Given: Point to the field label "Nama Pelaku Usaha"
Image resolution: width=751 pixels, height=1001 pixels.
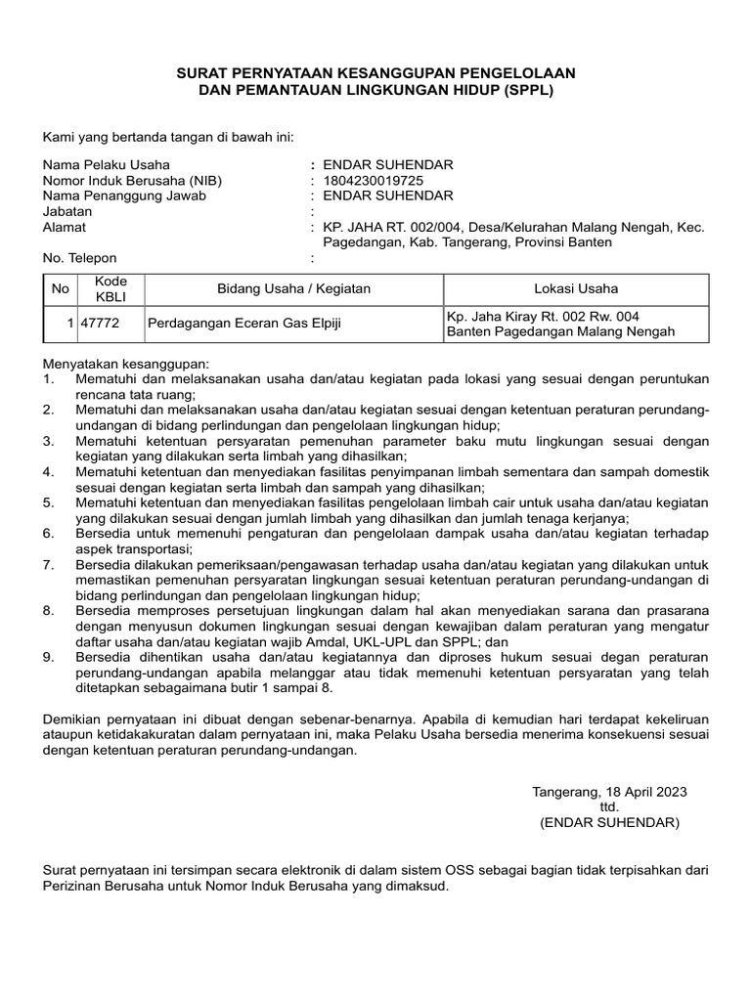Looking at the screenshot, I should [99, 165].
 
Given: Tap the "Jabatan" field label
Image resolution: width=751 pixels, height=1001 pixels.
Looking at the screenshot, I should [66, 211].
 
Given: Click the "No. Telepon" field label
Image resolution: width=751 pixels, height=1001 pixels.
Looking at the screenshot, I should [79, 258].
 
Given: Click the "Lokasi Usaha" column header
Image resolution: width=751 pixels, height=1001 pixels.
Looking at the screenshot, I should [576, 289].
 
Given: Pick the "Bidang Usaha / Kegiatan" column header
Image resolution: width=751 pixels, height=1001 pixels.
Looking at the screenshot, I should [293, 289].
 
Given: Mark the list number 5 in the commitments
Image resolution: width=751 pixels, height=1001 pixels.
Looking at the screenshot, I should [48, 502].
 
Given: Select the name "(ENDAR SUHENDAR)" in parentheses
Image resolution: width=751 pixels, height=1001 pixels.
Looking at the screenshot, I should [609, 823].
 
